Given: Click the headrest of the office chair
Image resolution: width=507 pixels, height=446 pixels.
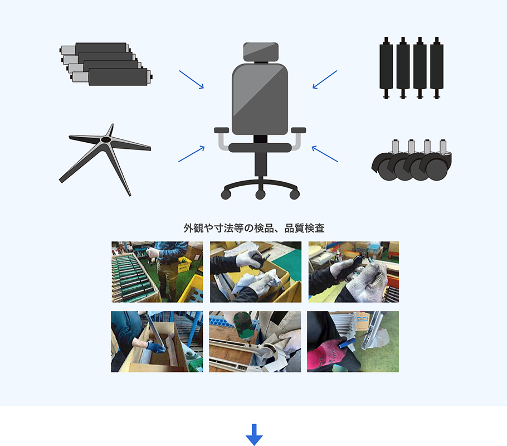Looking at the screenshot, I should click(260, 52).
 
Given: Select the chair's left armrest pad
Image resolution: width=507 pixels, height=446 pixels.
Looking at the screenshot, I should click(222, 130).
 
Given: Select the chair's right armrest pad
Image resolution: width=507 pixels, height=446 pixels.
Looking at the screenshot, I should click(298, 130).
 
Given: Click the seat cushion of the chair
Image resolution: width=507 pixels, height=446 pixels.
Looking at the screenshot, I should click(260, 148).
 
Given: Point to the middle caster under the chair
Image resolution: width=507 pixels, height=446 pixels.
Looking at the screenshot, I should click(260, 194).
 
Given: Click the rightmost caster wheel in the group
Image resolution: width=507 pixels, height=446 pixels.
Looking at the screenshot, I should click(437, 167).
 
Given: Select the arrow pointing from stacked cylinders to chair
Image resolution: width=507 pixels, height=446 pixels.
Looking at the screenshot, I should click(191, 79).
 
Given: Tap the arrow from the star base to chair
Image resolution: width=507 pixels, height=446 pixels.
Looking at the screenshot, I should click(191, 154).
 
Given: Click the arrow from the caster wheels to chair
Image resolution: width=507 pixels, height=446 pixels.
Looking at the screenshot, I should click(325, 154).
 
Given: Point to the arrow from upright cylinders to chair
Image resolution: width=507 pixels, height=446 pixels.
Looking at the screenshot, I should click(325, 79).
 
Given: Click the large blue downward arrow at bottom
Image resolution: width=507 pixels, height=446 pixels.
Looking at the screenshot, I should click(254, 434).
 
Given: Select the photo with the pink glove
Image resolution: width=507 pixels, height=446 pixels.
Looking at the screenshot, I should click(353, 342).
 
